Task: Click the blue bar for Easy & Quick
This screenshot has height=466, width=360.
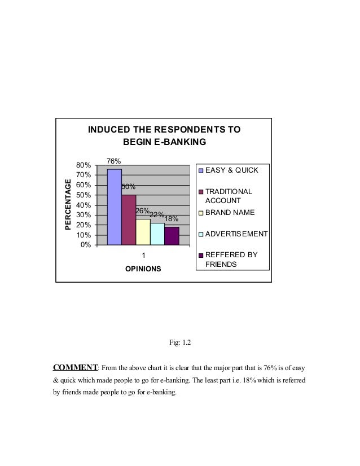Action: pos(114,206)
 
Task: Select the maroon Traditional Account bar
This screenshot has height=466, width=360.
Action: pos(129,219)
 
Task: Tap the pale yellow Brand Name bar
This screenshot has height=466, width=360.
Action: pos(143,232)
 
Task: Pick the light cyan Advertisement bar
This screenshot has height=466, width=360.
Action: pos(157,234)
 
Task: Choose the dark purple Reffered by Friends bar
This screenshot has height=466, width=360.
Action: pos(172,236)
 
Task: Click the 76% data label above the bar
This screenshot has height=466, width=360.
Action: pos(114,161)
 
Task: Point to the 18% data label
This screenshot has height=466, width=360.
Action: pos(172,218)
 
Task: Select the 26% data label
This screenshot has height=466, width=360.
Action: pos(142,211)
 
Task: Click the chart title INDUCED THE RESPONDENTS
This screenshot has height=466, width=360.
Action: pos(164,135)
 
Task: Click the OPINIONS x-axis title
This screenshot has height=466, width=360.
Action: pos(143,269)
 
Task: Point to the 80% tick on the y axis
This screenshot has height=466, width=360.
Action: pos(84,165)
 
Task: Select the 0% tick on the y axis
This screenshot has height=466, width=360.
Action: pos(85,245)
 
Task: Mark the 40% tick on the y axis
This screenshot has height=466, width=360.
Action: pos(84,205)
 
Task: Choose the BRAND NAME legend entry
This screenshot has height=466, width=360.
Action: pos(230,213)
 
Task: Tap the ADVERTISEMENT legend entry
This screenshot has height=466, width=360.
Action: pos(236,234)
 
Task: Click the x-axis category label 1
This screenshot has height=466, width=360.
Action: pos(143,255)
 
